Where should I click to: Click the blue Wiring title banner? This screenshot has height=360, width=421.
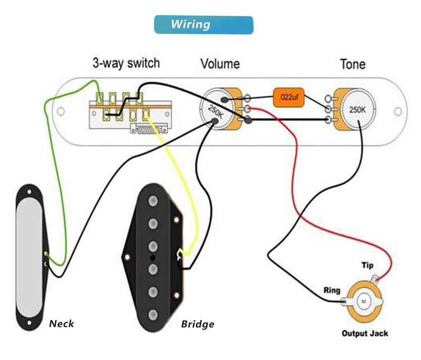[203, 25]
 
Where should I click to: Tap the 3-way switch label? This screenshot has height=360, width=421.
[126, 63]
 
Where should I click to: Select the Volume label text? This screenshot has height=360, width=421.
[220, 64]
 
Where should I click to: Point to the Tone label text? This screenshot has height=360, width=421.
[353, 64]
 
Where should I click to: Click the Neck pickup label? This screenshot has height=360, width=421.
[62, 324]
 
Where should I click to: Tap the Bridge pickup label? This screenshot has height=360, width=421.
[197, 324]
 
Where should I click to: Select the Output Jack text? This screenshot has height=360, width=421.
[365, 334]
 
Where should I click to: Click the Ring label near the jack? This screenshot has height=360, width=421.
[332, 290]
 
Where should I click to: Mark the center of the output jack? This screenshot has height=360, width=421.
[363, 301]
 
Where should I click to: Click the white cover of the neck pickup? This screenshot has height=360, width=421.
[31, 258]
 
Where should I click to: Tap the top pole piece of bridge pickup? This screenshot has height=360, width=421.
[153, 202]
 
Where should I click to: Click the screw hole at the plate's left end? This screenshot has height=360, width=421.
[61, 111]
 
